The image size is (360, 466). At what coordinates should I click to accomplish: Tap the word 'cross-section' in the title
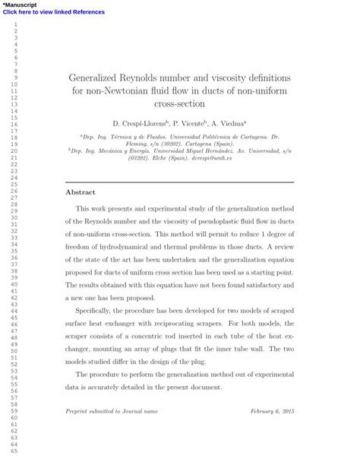pos(179,104)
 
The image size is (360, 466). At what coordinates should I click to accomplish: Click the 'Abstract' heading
pos(81,192)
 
